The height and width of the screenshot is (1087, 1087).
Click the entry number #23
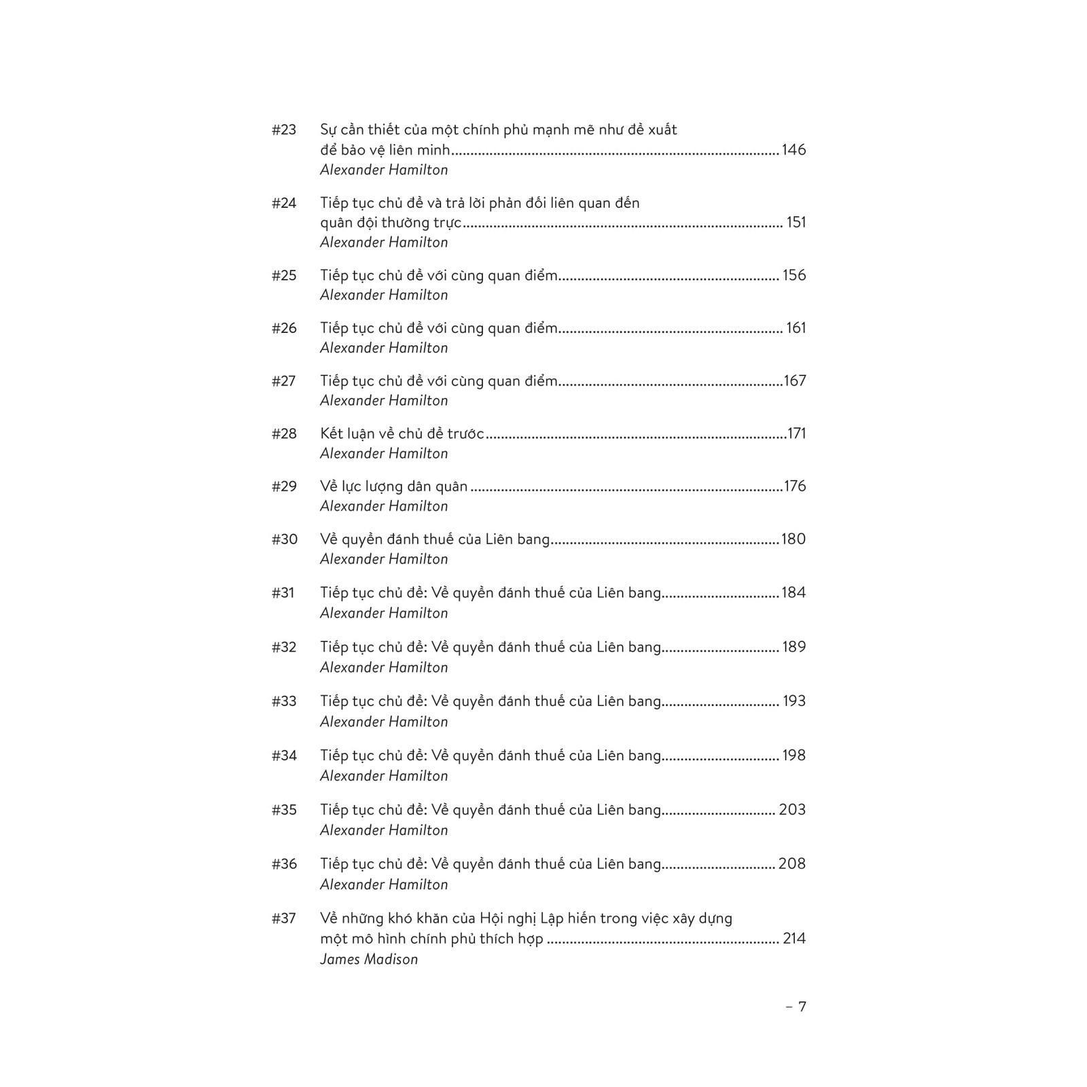click(x=284, y=130)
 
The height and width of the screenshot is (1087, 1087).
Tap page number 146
click(x=794, y=149)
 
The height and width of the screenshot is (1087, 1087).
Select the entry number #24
click(x=284, y=203)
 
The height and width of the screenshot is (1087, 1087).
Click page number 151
click(x=796, y=222)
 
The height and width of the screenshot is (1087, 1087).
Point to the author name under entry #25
click(x=384, y=295)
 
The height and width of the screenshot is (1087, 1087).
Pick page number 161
click(x=796, y=328)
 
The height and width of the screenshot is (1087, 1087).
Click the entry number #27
click(x=284, y=381)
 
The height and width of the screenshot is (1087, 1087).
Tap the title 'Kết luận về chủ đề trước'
click(x=402, y=433)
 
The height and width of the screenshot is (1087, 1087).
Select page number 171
click(x=796, y=433)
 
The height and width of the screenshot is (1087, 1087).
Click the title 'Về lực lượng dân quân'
click(x=393, y=486)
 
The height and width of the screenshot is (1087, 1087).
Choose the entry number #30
click(x=284, y=539)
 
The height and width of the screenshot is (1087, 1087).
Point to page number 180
click(x=794, y=539)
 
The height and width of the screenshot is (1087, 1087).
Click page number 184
click(x=794, y=592)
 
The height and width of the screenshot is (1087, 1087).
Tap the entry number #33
click(x=284, y=701)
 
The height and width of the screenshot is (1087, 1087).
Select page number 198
click(x=794, y=755)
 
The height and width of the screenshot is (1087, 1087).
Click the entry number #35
click(x=284, y=810)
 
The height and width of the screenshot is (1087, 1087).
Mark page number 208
click(x=792, y=864)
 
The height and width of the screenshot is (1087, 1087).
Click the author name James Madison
click(x=369, y=959)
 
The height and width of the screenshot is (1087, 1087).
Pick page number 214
click(x=794, y=939)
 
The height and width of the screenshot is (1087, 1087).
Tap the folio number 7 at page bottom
click(x=802, y=1007)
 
